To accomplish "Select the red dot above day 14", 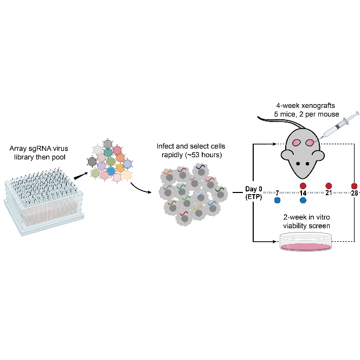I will (x=303, y=185).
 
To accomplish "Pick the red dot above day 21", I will (x=328, y=185).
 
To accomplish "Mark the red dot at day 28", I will (x=354, y=185).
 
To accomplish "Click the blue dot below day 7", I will (x=277, y=200).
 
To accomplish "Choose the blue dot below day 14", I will (x=303, y=200).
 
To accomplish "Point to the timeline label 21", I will (x=328, y=193).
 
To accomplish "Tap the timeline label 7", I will (x=277, y=193).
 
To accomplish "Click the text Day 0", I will (x=253, y=189).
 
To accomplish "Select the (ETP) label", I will (x=253, y=196).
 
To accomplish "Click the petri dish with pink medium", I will (x=306, y=242).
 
